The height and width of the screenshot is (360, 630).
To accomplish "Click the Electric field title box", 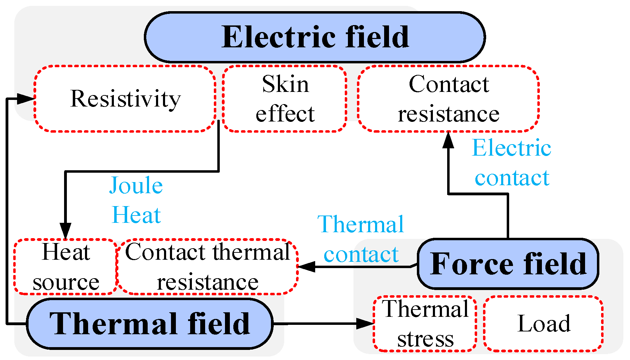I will pos(314,37).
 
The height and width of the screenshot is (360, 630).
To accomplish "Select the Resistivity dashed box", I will pos(125,99).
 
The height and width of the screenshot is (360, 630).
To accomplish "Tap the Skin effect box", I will pos(285,99).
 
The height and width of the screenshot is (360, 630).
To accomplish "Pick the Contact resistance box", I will pos(448,99).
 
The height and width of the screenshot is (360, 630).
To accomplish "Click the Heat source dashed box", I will pos(65,267).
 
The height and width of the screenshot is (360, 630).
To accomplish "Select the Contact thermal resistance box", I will pos(208,267).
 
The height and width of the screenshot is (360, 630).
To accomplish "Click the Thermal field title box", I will pos(149,323).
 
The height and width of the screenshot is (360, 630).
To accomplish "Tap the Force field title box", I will pos(508,264).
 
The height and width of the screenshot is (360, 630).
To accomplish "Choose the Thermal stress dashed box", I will pos(425,323).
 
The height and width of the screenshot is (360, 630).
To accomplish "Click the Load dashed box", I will pos(543,323).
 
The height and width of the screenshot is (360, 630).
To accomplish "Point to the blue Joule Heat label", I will pos(136,200).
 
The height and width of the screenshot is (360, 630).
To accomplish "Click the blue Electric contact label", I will pos(512,163).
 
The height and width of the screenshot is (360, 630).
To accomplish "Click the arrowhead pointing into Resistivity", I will pos(26,99).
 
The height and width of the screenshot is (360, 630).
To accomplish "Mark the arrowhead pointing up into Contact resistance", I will pos(448,140).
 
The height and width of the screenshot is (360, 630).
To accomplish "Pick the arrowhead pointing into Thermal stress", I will pos(365,323).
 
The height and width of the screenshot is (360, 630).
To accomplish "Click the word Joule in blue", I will pos(136,186).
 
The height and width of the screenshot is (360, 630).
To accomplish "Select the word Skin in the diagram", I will pos(285,84).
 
